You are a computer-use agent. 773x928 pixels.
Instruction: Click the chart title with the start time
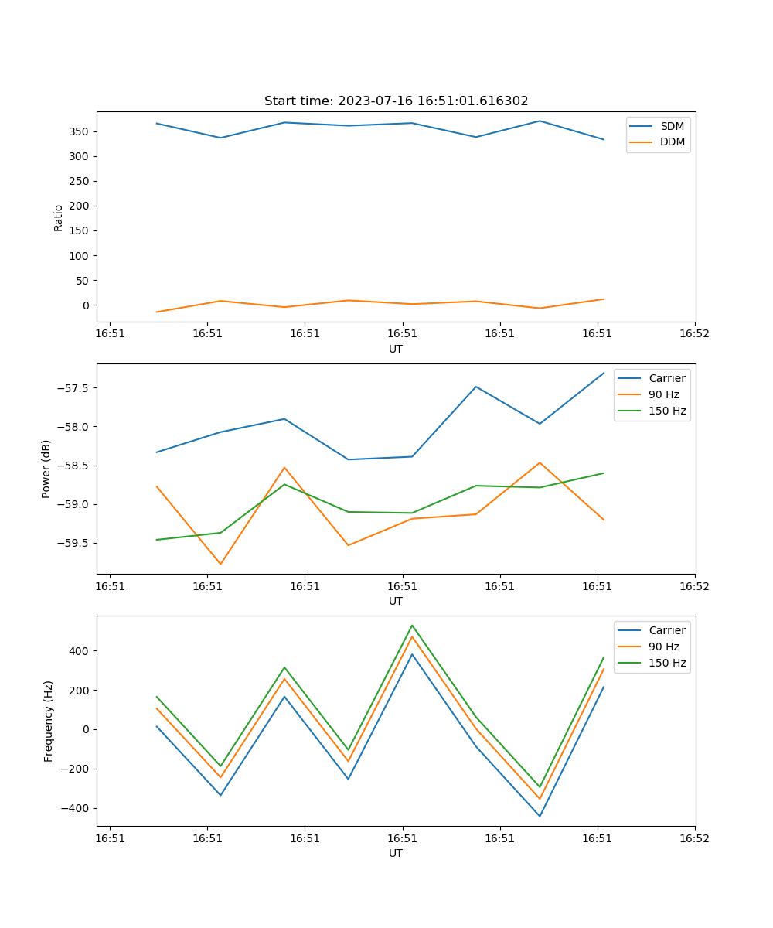click(x=396, y=101)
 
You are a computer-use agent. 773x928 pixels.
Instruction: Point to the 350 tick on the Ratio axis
click(x=80, y=131)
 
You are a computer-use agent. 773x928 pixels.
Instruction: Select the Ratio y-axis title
click(x=59, y=217)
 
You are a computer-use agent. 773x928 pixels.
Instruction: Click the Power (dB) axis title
click(x=46, y=469)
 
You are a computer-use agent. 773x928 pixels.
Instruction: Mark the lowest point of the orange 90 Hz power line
click(x=220, y=564)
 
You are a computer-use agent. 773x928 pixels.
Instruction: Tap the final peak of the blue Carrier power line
click(x=604, y=373)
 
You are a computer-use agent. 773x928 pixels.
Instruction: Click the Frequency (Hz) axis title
click(x=49, y=721)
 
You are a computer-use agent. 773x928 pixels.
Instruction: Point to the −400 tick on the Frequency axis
click(x=77, y=808)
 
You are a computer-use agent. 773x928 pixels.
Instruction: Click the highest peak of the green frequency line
click(x=412, y=625)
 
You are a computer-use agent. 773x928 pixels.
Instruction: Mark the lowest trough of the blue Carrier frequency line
click(x=540, y=816)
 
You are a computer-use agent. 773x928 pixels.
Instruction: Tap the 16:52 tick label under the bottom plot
click(x=694, y=838)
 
